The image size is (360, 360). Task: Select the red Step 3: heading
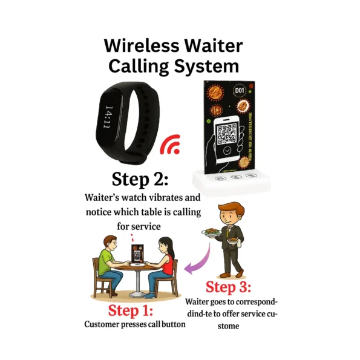(228, 286)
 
